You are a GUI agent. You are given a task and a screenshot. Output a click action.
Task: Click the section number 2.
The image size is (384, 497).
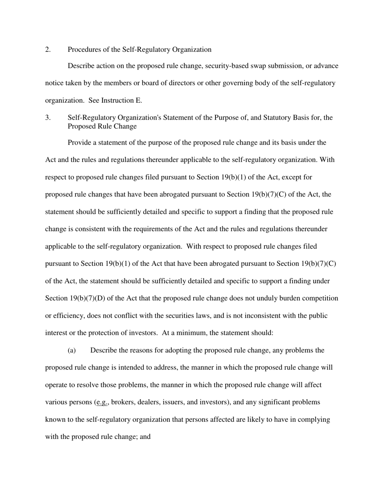[48, 50]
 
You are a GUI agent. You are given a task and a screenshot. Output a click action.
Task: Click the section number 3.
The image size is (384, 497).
[48, 118]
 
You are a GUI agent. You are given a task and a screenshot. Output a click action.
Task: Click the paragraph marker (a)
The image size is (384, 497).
[72, 350]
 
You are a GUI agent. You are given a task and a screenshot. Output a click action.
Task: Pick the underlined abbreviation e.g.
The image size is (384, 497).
[101, 402]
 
